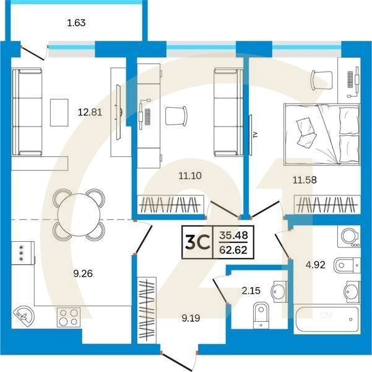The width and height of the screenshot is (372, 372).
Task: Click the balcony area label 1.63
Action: coord(76,24)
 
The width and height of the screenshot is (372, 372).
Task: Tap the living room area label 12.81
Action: coord(89,112)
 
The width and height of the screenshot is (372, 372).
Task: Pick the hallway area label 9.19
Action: coord(192,318)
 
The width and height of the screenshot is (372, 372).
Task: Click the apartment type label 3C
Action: coord(195,243)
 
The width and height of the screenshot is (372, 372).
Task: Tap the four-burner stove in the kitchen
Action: coord(69,317)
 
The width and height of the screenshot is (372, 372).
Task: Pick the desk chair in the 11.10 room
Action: coord(176,115)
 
